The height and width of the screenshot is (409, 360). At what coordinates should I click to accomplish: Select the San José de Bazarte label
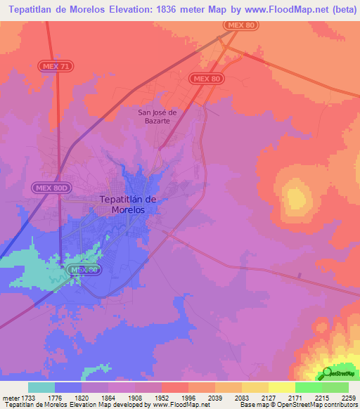(159, 116)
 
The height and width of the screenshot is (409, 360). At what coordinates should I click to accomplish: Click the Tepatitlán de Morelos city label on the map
(128, 204)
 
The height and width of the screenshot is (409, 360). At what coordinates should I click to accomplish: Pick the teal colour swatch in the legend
(41, 387)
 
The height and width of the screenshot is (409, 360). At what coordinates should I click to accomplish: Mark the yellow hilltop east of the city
(296, 194)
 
